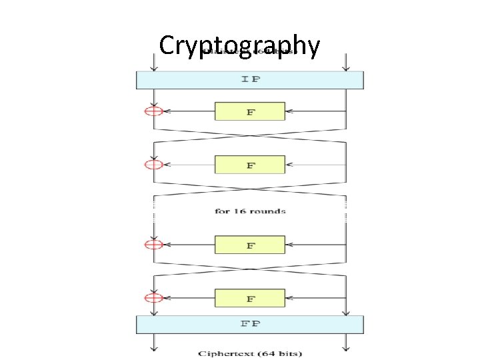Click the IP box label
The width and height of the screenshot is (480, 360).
pos(250,80)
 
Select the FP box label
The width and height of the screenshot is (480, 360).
pos(250,325)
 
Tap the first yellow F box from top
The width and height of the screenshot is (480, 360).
pos(250,111)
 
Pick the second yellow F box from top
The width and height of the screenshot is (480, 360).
pos(250,165)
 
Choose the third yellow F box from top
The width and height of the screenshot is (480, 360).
pos(250,245)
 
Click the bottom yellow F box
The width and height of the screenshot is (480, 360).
pos(250,298)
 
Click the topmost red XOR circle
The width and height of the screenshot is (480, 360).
pos(153,111)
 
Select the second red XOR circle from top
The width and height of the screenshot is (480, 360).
pos(153,165)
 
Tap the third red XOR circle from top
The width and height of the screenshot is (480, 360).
pos(153,245)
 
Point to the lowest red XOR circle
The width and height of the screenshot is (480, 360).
pos(153,298)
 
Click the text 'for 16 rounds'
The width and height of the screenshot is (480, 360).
pos(250,211)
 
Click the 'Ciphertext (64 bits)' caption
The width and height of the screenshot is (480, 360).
pos(249,353)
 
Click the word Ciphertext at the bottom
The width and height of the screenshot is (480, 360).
pos(229,353)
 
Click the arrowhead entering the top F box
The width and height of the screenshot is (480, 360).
pos(289,111)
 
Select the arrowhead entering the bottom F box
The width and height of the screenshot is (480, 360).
pos(289,298)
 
